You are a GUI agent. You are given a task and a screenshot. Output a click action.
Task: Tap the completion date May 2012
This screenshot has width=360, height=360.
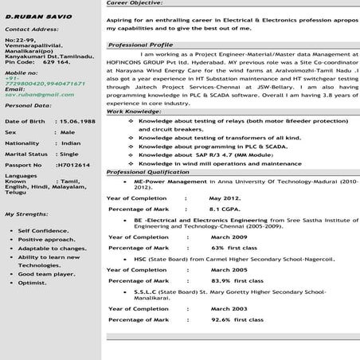point(225,197)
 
